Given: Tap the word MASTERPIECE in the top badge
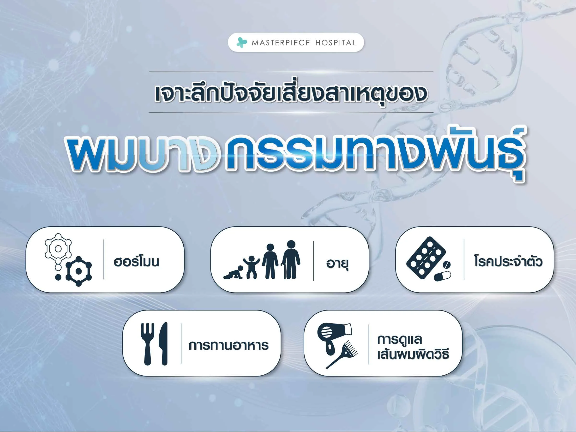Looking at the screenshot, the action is [281, 43].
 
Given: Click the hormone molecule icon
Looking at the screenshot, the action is [68, 260].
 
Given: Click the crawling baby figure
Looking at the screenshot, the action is [233, 272].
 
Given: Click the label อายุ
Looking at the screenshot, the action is [337, 264].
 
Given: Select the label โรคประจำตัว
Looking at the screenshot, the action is [508, 261].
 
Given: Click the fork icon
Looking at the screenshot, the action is [147, 344].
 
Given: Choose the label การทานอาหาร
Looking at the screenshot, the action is [228, 346].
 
